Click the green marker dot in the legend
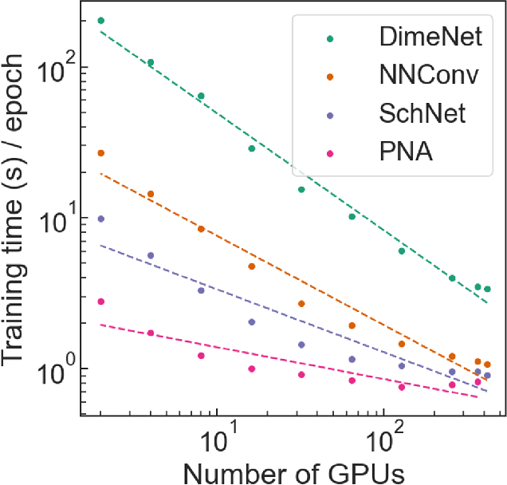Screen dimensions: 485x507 pyautogui.click(x=330, y=37)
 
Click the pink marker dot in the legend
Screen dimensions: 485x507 pyautogui.click(x=330, y=152)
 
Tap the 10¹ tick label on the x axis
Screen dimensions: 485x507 pyautogui.click(x=217, y=438)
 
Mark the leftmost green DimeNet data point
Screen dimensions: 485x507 pyautogui.click(x=100, y=21)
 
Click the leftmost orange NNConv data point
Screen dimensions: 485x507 pyautogui.click(x=100, y=153)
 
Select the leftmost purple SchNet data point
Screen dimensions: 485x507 pyautogui.click(x=100, y=219)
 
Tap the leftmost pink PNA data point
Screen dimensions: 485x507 pyautogui.click(x=100, y=302)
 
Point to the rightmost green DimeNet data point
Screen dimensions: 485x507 pyautogui.click(x=487, y=289)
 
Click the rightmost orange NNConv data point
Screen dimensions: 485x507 pyautogui.click(x=487, y=365)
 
